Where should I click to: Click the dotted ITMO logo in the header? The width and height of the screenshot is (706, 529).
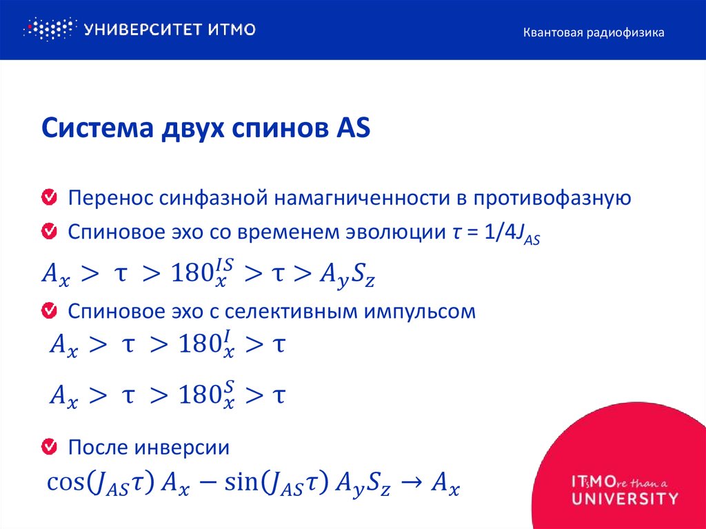pyautogui.click(x=48, y=29)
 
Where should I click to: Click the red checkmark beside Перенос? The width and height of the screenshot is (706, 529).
pyautogui.click(x=50, y=199)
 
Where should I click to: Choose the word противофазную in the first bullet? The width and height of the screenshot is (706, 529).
pyautogui.click(x=551, y=199)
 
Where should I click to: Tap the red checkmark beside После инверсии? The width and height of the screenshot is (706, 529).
pyautogui.click(x=50, y=447)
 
